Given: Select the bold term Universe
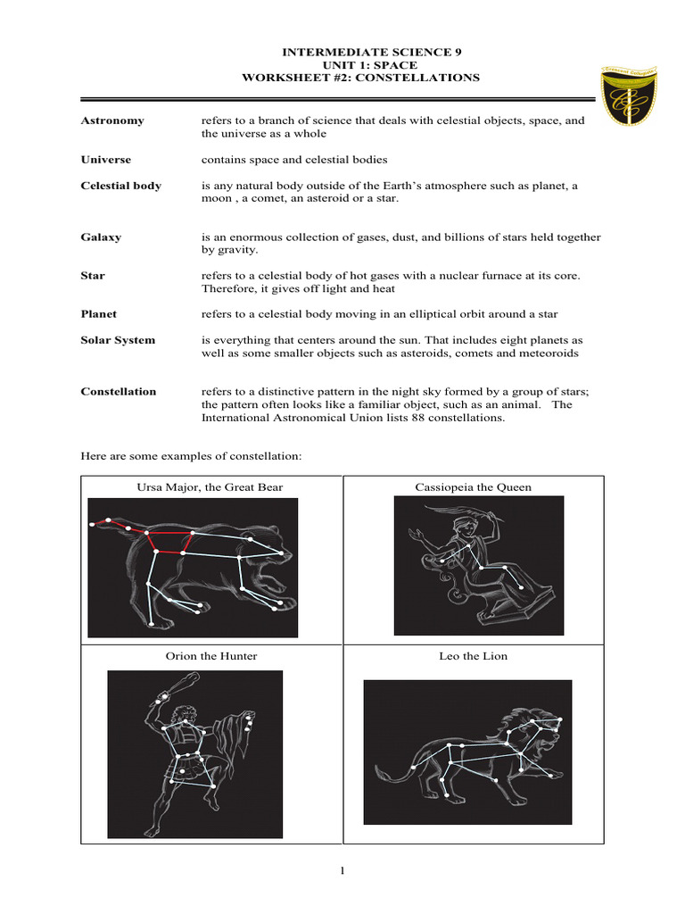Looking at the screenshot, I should pyautogui.click(x=105, y=160).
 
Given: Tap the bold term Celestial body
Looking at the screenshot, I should pyautogui.click(x=120, y=186).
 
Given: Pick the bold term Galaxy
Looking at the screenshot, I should pyautogui.click(x=101, y=237).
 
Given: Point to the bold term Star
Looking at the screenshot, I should pyautogui.click(x=93, y=276).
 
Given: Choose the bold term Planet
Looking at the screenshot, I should pyautogui.click(x=98, y=314).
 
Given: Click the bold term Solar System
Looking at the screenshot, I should pyautogui.click(x=118, y=340).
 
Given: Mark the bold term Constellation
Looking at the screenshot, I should pyautogui.click(x=118, y=391).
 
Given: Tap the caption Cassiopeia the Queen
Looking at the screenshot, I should pyautogui.click(x=474, y=486).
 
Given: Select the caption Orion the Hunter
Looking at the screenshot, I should pyautogui.click(x=211, y=656).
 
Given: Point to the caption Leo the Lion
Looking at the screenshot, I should pyautogui.click(x=474, y=656).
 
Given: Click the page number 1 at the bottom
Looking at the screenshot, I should pyautogui.click(x=342, y=872).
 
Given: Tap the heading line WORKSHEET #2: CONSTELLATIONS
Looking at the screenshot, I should pyautogui.click(x=360, y=78).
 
